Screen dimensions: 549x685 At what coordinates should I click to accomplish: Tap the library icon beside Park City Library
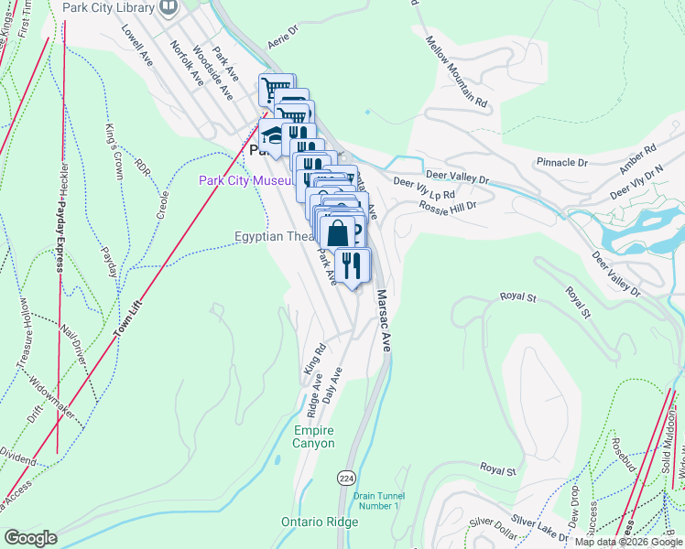click(x=168, y=8)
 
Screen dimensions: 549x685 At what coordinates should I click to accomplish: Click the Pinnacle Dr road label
click(x=562, y=162)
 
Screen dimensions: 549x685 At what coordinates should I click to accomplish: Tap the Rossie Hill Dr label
click(x=448, y=206)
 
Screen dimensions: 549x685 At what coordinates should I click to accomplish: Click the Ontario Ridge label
click(x=320, y=522)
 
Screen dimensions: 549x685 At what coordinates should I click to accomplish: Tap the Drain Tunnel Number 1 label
click(x=376, y=501)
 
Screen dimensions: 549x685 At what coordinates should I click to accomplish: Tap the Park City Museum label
click(x=245, y=181)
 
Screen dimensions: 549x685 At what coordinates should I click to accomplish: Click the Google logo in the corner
click(x=29, y=538)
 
